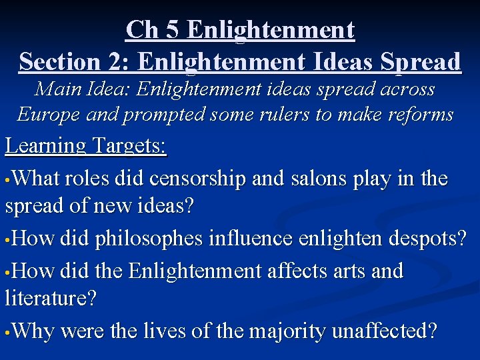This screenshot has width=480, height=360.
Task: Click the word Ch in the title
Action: pyautogui.click(x=141, y=30)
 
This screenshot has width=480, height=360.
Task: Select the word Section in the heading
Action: pyautogui.click(x=59, y=62)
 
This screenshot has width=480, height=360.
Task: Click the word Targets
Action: pyautogui.click(x=129, y=147)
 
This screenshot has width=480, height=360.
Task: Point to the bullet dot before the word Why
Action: pyautogui.click(x=7, y=331)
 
